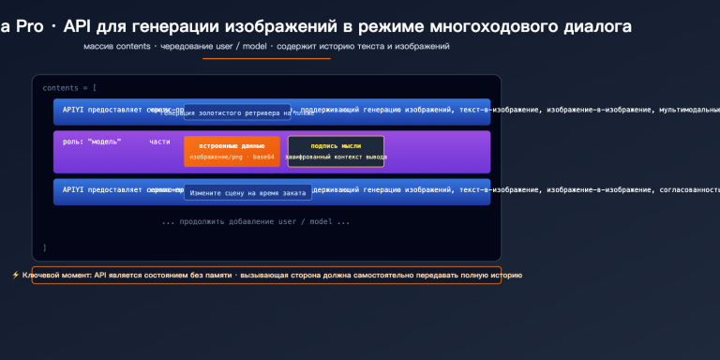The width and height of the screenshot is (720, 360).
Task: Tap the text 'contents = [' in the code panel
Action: click(69, 87)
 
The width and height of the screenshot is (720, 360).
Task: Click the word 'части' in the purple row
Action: click(159, 141)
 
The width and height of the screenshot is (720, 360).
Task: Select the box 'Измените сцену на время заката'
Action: click(247, 192)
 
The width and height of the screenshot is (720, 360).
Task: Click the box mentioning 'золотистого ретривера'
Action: click(236, 112)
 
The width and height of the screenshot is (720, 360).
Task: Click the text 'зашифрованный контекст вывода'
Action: click(336, 157)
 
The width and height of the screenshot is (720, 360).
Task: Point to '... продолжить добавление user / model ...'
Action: click(255, 222)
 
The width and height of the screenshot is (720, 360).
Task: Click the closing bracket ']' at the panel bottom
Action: click(44, 247)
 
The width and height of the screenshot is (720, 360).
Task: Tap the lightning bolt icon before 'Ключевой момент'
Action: click(15, 276)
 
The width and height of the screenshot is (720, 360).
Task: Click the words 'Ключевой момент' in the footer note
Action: click(57, 276)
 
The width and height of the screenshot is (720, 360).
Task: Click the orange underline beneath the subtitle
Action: click(267, 58)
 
